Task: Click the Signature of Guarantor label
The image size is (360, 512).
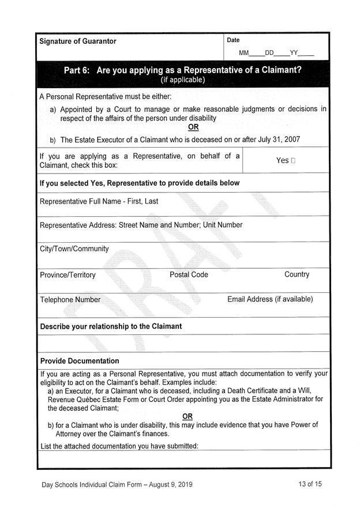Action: click(x=77, y=42)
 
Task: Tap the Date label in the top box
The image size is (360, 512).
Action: click(x=233, y=40)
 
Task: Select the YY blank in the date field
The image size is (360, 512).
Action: click(x=306, y=54)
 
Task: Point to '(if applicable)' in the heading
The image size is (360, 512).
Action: click(x=182, y=80)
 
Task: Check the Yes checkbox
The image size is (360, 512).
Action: click(x=294, y=161)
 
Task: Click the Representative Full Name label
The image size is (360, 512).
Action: click(x=99, y=202)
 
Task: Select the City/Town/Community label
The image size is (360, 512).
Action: click(x=74, y=249)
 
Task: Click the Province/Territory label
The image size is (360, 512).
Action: click(x=67, y=275)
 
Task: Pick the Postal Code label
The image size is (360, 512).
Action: click(x=189, y=274)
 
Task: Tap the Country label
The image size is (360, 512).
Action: click(x=297, y=274)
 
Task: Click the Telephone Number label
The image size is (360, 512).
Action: click(x=70, y=300)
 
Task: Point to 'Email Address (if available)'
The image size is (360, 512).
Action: click(x=270, y=299)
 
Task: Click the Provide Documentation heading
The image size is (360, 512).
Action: click(x=80, y=361)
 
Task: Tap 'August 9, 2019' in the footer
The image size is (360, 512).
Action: click(x=166, y=485)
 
